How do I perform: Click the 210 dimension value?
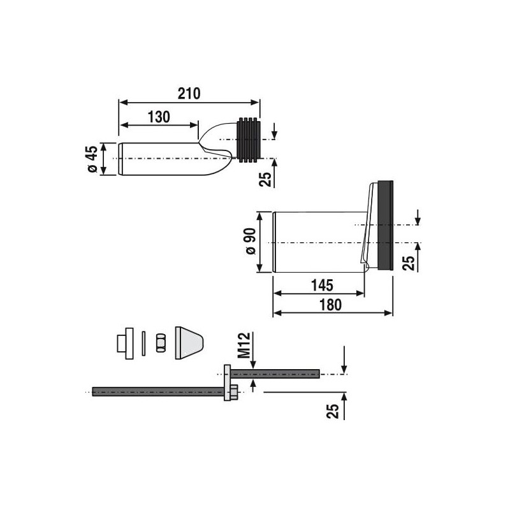pos(189,94)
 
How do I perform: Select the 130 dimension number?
pos(159,117)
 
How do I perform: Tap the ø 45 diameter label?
pos(92,159)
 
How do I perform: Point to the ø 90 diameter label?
pos(251,241)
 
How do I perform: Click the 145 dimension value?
pos(323,285)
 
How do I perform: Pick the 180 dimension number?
pos(330,305)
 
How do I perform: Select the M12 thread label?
pos(244,345)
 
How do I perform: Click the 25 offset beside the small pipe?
pos(265,179)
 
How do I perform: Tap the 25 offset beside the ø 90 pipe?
pos(409,263)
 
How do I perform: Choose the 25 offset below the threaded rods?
pos(333,411)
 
